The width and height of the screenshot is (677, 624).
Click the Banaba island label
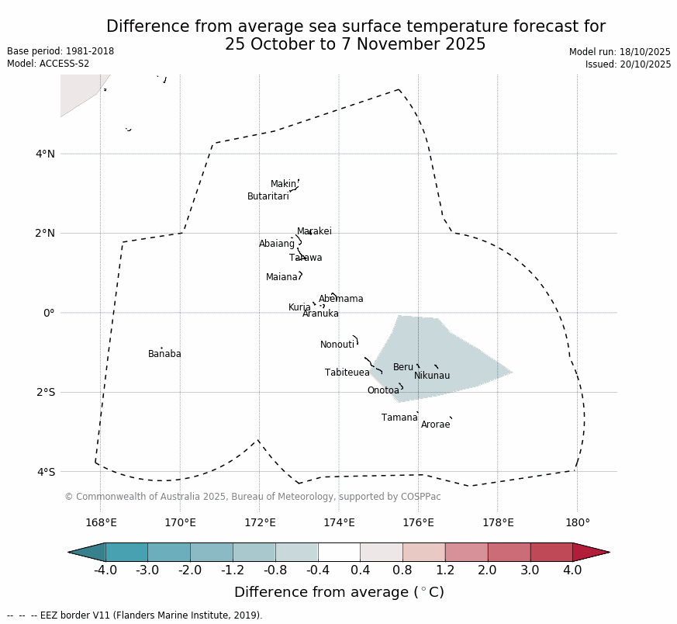pos(164,354)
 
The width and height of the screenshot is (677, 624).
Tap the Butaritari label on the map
pos(268,196)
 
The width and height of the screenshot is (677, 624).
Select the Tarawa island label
pos(306,258)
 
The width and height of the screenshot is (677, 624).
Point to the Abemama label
pos(340,299)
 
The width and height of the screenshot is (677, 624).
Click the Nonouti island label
pos(337,345)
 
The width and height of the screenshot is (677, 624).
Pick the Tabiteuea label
pos(347,373)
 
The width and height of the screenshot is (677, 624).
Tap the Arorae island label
pos(435,425)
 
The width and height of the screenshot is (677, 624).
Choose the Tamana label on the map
pos(399,418)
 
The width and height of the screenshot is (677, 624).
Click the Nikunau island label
pos(432,376)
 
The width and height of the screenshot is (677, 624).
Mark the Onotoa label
pos(383,390)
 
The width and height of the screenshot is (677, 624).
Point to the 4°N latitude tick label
pos(45,154)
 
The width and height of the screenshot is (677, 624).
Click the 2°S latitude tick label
pos(45,392)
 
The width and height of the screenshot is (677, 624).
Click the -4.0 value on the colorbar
pos(105,570)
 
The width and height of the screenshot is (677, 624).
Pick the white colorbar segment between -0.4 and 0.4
pos(339,552)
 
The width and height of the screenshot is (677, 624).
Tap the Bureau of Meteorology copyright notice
pos(253,497)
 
